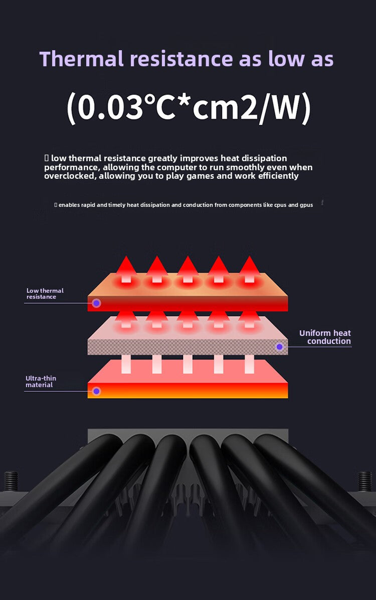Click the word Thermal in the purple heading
[x=81, y=59]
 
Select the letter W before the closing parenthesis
[x=282, y=107]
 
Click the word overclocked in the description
[x=70, y=176]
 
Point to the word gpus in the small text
[x=306, y=205]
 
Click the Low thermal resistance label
[x=45, y=294]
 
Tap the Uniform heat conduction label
[x=325, y=337]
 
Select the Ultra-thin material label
[x=41, y=382]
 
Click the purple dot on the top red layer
[x=97, y=303]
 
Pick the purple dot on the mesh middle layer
[x=280, y=346]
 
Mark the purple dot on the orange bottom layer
[x=97, y=391]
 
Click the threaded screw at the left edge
[x=11, y=482]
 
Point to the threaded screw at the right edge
[x=365, y=482]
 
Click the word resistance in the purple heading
[x=181, y=59]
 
